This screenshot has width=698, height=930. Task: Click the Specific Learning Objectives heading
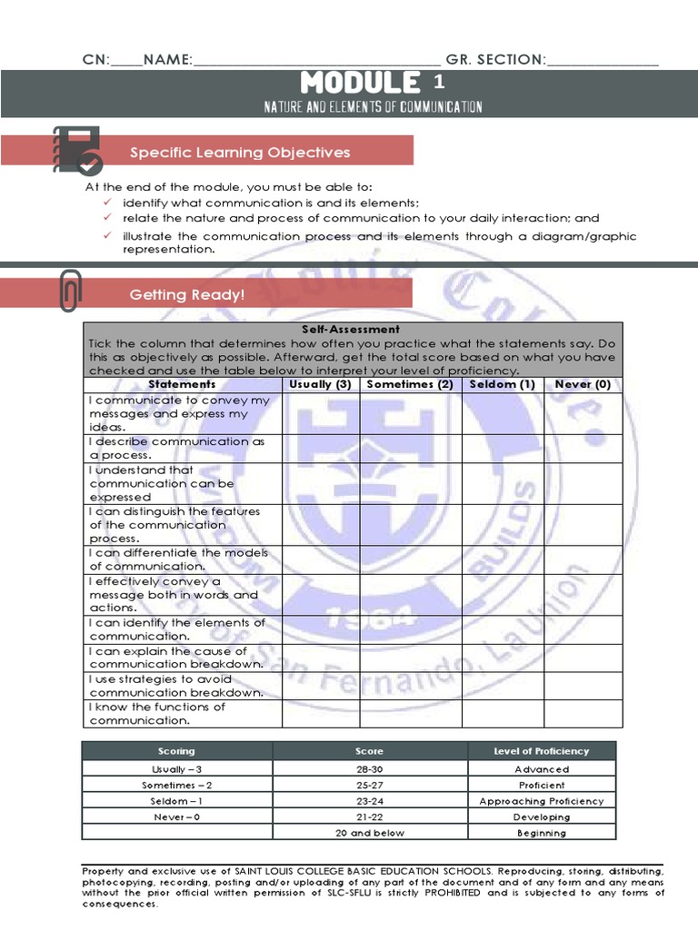240,153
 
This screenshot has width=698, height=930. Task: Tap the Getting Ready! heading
187,294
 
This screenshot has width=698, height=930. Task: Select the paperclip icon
69,291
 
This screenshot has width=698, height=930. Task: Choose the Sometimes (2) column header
410,384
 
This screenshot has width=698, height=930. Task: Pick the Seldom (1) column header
502,384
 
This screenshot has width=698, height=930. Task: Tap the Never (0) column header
583,384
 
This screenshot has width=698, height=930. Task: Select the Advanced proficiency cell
542,769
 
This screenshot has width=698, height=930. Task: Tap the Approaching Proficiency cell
542,801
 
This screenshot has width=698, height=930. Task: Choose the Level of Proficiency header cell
542,751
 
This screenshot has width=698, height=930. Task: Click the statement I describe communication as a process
177,448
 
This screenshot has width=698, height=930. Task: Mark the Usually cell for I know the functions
320,714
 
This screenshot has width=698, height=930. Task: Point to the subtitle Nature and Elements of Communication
373,107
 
